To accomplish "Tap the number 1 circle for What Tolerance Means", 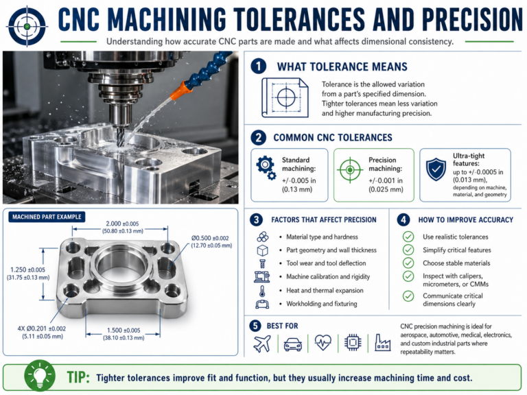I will (x=258, y=67).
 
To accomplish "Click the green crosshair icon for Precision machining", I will (x=350, y=168).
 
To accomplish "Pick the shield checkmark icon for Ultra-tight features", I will (x=435, y=169).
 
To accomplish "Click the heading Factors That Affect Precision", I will (x=323, y=219).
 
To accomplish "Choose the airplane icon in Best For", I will (x=262, y=344).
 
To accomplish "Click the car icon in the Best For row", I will (x=292, y=344).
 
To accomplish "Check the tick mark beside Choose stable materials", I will (x=408, y=263).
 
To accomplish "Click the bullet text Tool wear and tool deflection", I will (x=326, y=263).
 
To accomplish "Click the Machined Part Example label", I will (x=47, y=217).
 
